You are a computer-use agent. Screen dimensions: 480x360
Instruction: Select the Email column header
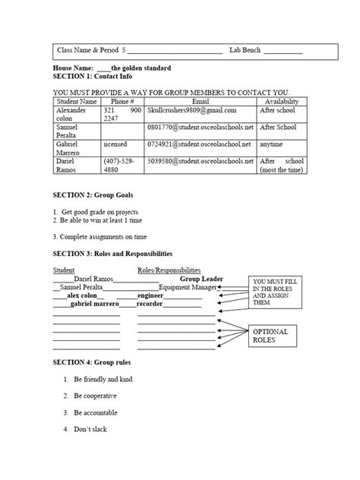(x=201, y=101)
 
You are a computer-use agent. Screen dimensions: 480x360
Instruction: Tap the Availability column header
(x=281, y=101)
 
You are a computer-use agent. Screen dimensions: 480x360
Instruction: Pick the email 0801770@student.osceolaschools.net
(x=200, y=127)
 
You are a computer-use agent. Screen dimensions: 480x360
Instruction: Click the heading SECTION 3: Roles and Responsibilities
(x=112, y=253)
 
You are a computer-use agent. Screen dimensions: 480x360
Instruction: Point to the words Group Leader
(x=201, y=279)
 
